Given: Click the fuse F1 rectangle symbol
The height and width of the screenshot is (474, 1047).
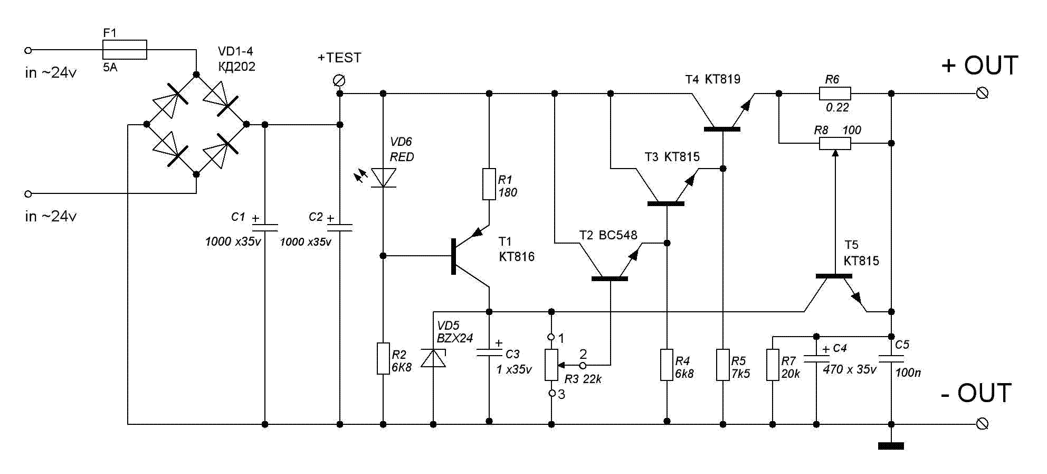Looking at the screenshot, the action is tap(125, 50).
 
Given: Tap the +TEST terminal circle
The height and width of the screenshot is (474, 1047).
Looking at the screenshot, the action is tap(339, 80).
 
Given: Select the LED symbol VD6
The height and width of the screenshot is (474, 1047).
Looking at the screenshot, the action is tap(383, 178).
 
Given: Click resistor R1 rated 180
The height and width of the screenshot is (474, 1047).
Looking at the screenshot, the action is tap(489, 184).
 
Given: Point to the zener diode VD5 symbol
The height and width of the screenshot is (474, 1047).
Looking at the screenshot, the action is tap(433, 358).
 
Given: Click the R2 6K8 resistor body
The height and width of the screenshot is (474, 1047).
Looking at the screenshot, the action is tap(383, 358).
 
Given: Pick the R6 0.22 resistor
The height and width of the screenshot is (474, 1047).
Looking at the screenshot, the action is tap(835, 94).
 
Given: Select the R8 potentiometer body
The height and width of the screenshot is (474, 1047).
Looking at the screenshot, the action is tap(835, 143).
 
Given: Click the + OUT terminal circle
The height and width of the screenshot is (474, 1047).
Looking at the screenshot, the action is tap(982, 94).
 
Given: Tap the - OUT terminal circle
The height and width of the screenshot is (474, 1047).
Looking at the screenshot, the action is tap(982, 424).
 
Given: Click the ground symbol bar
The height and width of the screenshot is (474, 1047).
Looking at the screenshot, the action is tap(891, 446).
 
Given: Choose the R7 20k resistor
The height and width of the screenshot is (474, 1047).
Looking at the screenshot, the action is tap(773, 365).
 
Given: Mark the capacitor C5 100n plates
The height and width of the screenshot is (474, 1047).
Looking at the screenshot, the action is tap(891, 359).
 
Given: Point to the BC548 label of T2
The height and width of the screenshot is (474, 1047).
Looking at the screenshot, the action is tap(618, 235).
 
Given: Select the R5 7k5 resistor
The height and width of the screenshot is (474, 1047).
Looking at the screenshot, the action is tap(723, 365).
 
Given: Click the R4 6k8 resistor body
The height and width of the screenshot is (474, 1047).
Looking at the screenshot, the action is tap(667, 365).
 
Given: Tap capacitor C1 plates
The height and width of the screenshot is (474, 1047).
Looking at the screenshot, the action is tap(265, 227).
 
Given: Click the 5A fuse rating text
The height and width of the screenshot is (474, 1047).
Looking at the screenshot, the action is tap(110, 68).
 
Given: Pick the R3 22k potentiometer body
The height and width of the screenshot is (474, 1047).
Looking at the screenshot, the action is tap(551, 365).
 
